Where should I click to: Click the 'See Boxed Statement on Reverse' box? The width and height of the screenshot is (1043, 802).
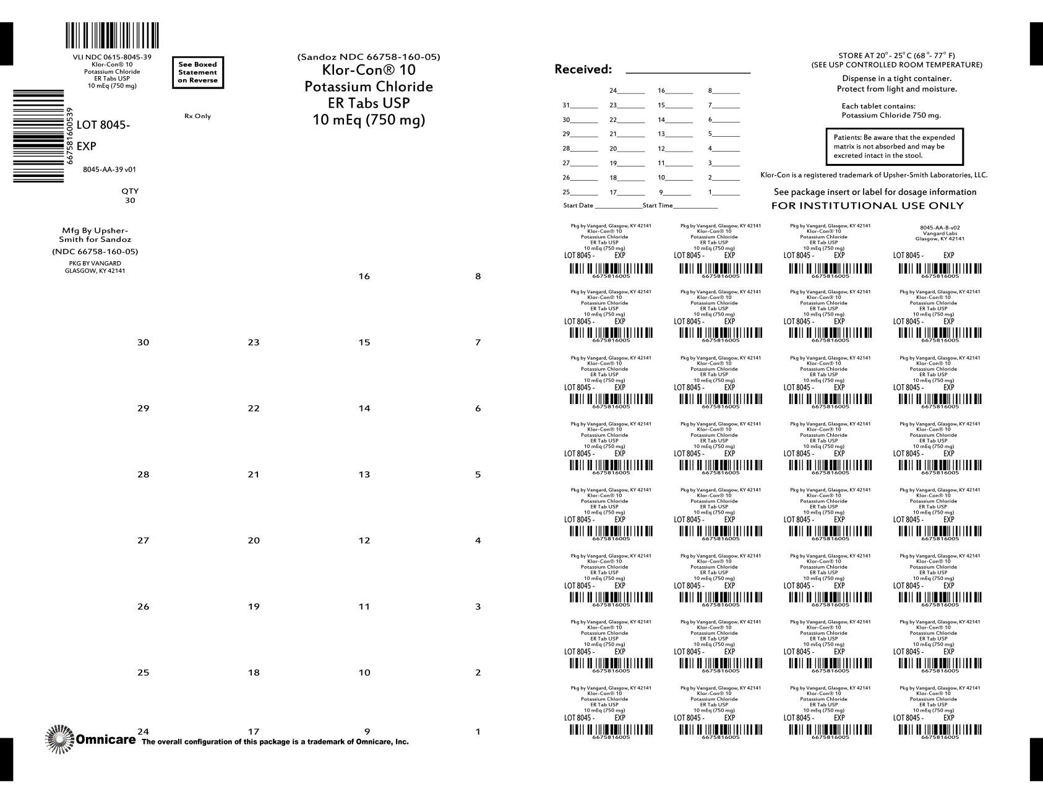click(197, 72)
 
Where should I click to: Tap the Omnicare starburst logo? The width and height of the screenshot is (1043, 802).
click(59, 739)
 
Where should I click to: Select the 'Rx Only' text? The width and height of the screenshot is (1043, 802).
click(197, 116)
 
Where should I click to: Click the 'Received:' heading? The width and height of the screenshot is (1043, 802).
click(583, 69)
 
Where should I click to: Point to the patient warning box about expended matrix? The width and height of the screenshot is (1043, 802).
click(894, 147)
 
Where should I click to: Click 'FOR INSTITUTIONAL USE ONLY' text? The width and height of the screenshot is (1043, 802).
click(867, 205)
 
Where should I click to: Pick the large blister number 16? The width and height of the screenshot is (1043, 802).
click(364, 277)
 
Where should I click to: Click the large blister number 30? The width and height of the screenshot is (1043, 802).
click(143, 342)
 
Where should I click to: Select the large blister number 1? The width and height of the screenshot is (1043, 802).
click(478, 732)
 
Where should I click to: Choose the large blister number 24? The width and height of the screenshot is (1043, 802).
click(143, 732)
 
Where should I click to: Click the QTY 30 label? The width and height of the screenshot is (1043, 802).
click(130, 196)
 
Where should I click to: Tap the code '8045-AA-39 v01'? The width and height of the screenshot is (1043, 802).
click(109, 169)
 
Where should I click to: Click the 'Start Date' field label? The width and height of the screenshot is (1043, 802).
click(578, 205)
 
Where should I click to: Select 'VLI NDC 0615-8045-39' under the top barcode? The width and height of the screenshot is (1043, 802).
click(112, 57)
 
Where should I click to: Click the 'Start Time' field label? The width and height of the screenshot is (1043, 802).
click(658, 205)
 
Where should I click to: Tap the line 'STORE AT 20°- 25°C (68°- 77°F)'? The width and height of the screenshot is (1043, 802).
click(896, 56)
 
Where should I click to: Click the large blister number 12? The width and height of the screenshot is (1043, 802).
click(364, 540)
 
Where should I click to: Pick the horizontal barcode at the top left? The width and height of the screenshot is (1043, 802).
click(112, 35)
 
